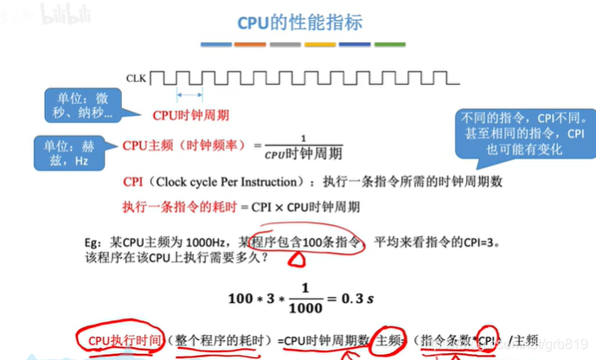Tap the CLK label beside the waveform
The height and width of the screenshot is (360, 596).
(x=137, y=77)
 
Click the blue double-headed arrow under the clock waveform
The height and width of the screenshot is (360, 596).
(x=190, y=95)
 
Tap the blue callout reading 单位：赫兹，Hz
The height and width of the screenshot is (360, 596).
(x=68, y=153)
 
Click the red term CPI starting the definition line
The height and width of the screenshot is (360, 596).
(x=132, y=183)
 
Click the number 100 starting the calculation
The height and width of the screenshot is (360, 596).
(x=240, y=299)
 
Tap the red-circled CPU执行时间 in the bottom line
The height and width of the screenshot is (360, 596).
(x=120, y=340)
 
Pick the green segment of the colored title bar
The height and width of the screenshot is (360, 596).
(x=388, y=43)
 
